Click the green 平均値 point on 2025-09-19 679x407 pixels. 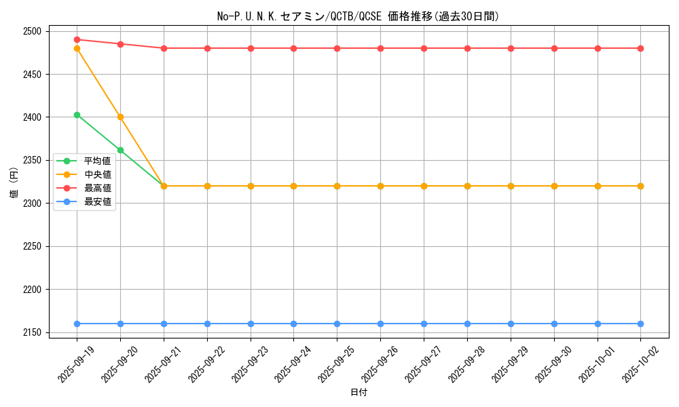click(x=77, y=115)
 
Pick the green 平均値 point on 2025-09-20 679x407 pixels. click(x=120, y=150)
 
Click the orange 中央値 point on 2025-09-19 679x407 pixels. click(x=77, y=48)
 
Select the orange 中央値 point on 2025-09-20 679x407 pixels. click(x=120, y=117)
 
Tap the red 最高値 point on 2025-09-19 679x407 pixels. click(x=77, y=39)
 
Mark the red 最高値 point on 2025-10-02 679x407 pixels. click(x=640, y=48)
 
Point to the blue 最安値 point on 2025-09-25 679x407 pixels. click(x=337, y=324)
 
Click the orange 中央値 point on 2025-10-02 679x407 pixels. click(x=640, y=186)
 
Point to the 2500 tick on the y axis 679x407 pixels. click(x=32, y=31)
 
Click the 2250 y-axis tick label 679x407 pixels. click(x=32, y=246)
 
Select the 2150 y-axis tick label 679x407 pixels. click(x=32, y=332)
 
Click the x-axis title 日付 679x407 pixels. click(x=359, y=393)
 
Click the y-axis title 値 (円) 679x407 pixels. click(x=14, y=185)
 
